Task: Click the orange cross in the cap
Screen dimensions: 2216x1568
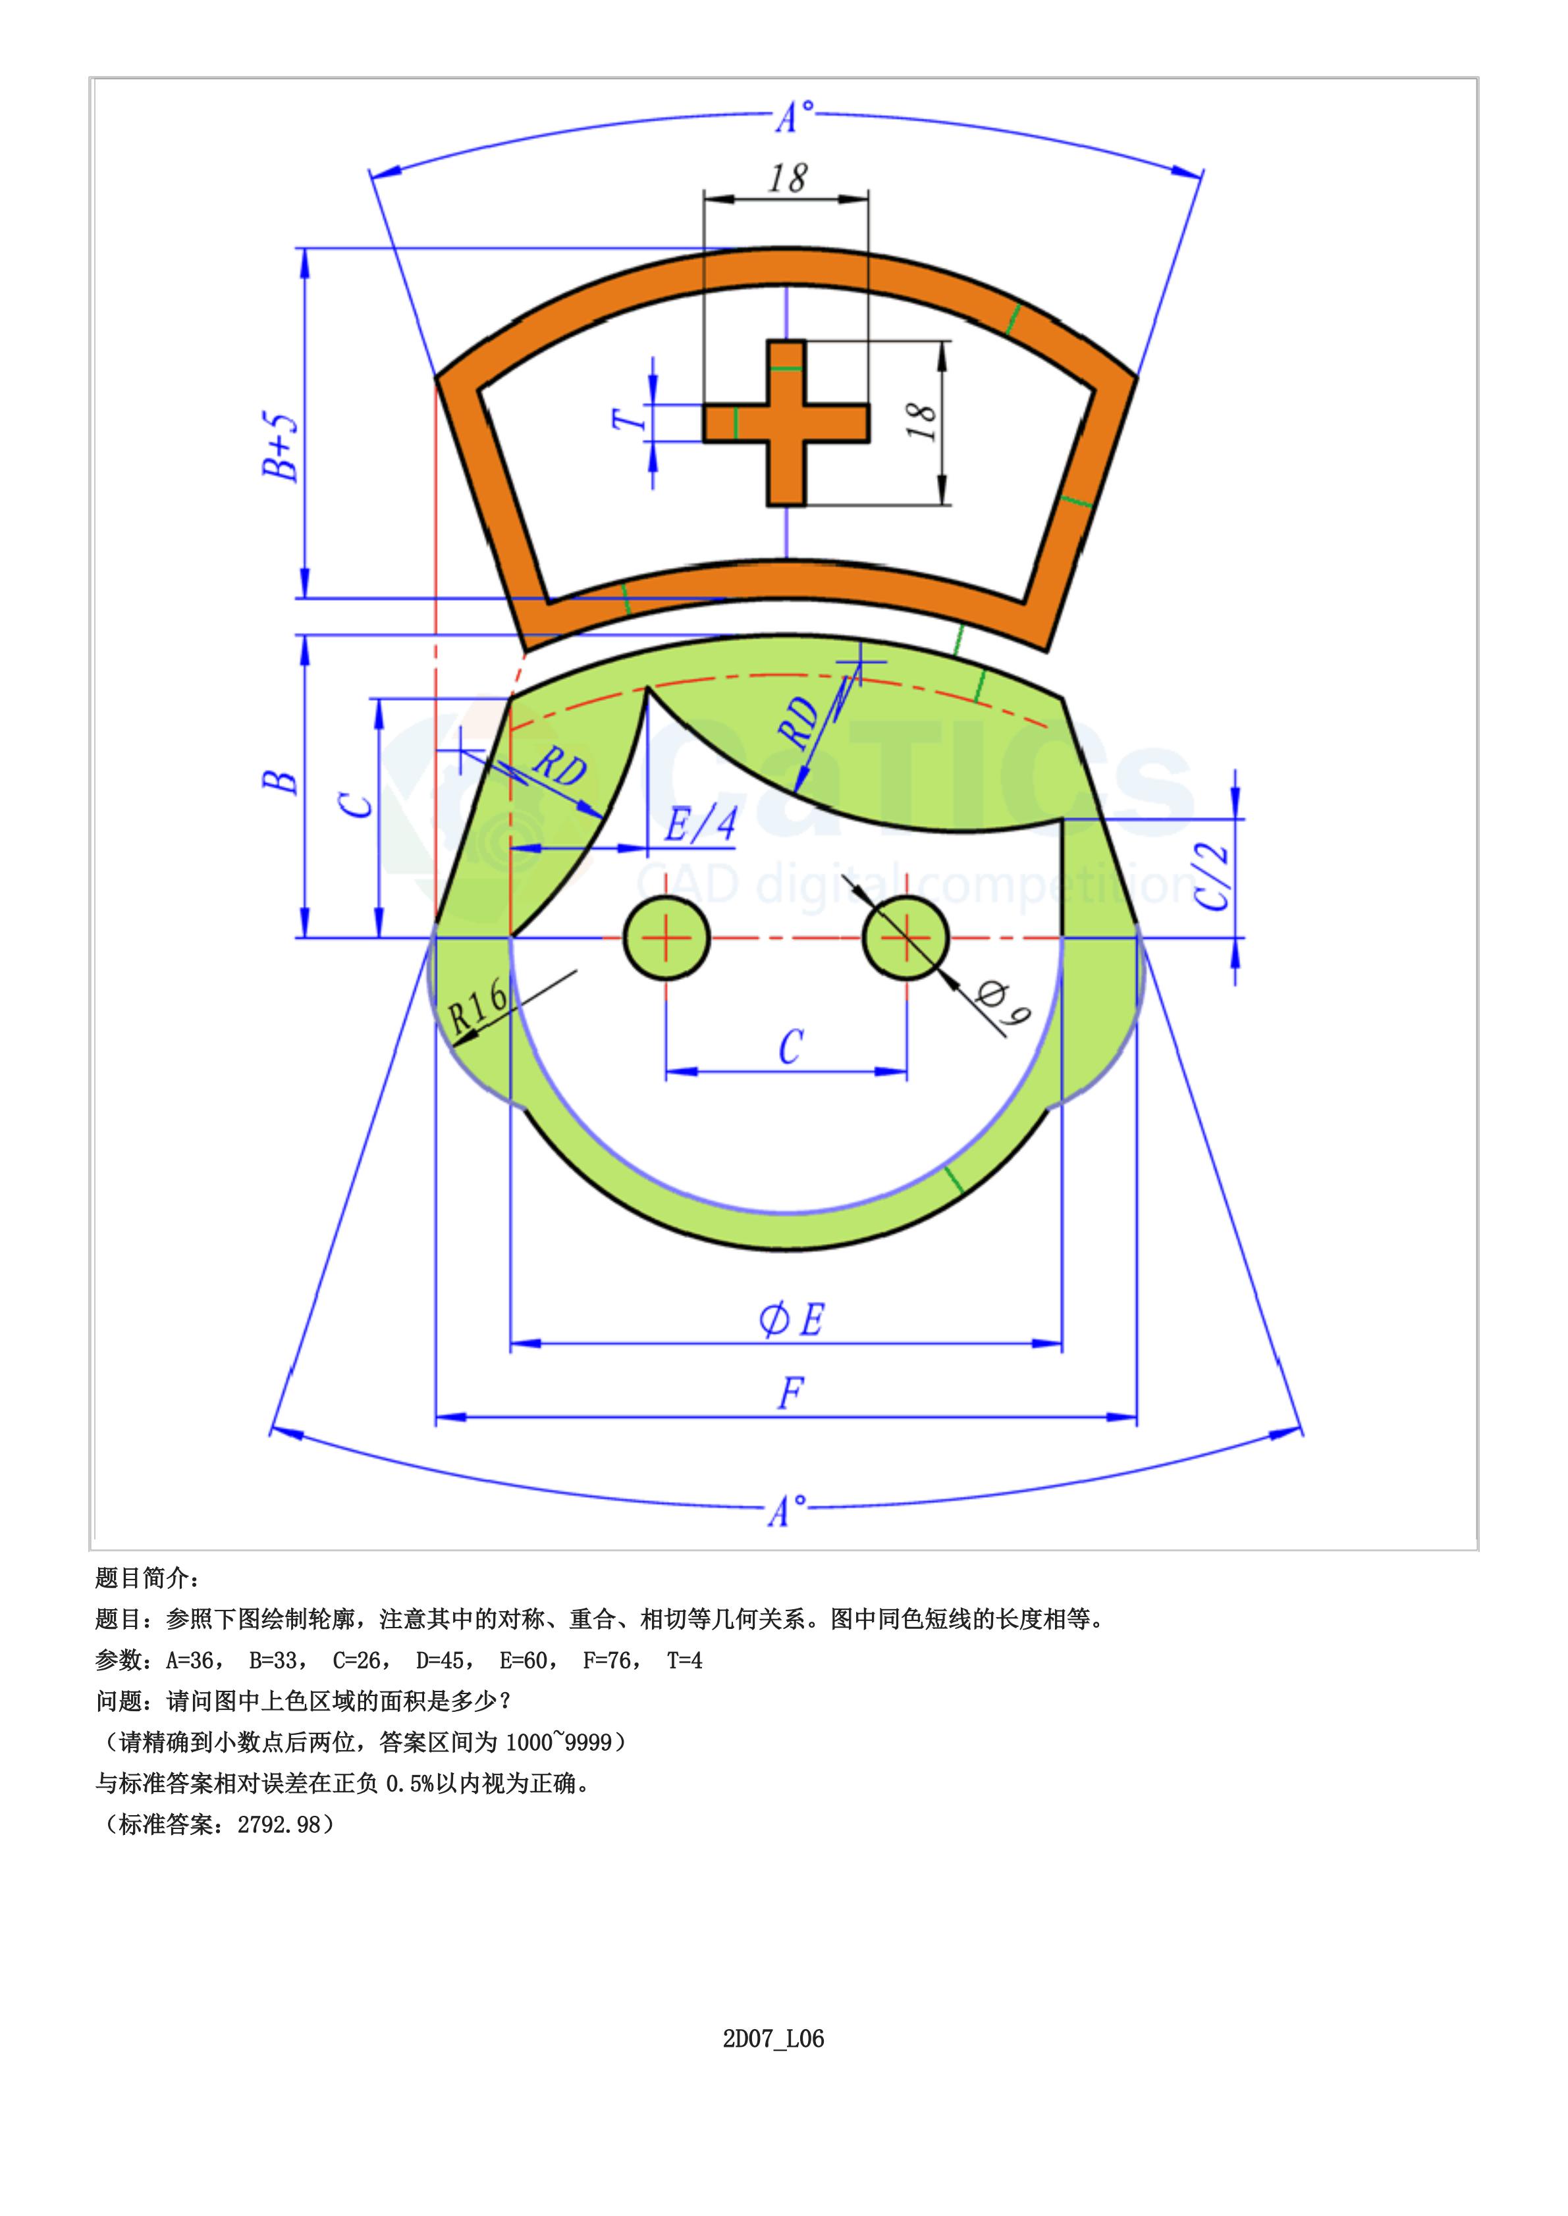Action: coord(785,423)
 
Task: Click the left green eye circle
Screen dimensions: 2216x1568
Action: coord(666,937)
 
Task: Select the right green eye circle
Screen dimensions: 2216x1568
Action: coord(906,937)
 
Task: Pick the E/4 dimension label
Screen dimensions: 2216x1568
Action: coord(700,825)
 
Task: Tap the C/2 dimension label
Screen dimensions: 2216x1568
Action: coord(1212,877)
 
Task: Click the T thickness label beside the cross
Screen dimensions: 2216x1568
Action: coord(628,420)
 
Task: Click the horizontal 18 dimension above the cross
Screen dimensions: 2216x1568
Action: coord(788,178)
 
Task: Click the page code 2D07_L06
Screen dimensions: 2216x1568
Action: coord(773,2038)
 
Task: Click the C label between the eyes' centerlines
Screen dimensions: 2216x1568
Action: coord(790,1047)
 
